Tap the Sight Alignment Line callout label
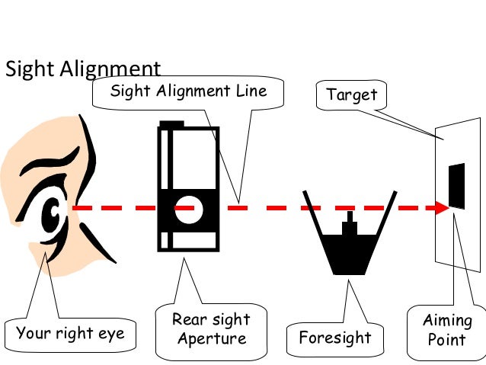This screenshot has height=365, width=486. (x=188, y=91)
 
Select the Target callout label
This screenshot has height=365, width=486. (x=352, y=95)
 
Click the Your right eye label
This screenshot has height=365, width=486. (x=71, y=333)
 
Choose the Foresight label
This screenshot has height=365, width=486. (x=335, y=337)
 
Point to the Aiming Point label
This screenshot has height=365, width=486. (x=447, y=330)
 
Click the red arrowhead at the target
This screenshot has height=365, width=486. (x=440, y=207)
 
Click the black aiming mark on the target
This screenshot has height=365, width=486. (x=456, y=186)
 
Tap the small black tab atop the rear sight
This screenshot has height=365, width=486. (x=171, y=123)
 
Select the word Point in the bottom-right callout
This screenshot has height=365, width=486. (x=447, y=339)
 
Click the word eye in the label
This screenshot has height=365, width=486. (x=108, y=333)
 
